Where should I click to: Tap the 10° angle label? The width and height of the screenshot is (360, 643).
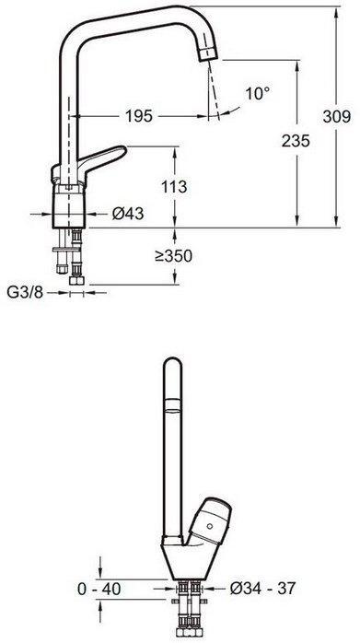click(258, 94)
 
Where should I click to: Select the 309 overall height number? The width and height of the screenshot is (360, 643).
click(337, 117)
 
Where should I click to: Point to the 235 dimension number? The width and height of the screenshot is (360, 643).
click(296, 142)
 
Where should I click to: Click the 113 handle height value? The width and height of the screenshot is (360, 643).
click(174, 187)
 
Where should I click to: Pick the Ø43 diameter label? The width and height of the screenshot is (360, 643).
click(128, 213)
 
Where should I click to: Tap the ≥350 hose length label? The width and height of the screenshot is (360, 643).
click(173, 256)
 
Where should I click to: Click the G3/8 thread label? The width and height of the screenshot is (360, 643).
click(25, 293)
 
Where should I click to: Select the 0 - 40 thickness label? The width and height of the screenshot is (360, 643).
click(99, 590)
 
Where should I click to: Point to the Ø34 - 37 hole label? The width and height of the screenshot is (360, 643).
click(262, 589)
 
